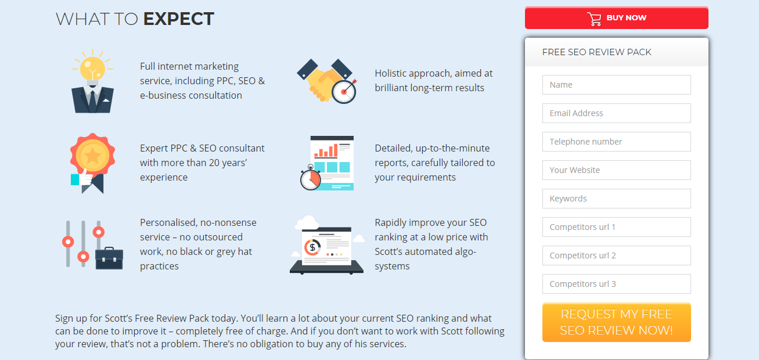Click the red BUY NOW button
616,18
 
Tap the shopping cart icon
594,19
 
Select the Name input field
616,85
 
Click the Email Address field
616,113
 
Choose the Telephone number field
616,142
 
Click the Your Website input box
616,170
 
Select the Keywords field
616,199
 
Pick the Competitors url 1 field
616,227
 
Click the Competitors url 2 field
616,255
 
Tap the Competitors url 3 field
616,284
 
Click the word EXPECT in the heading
178,19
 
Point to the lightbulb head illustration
92,81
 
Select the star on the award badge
92,156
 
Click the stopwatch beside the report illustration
310,178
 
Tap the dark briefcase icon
109,258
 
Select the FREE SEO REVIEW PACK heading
596,52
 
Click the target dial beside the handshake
344,91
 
